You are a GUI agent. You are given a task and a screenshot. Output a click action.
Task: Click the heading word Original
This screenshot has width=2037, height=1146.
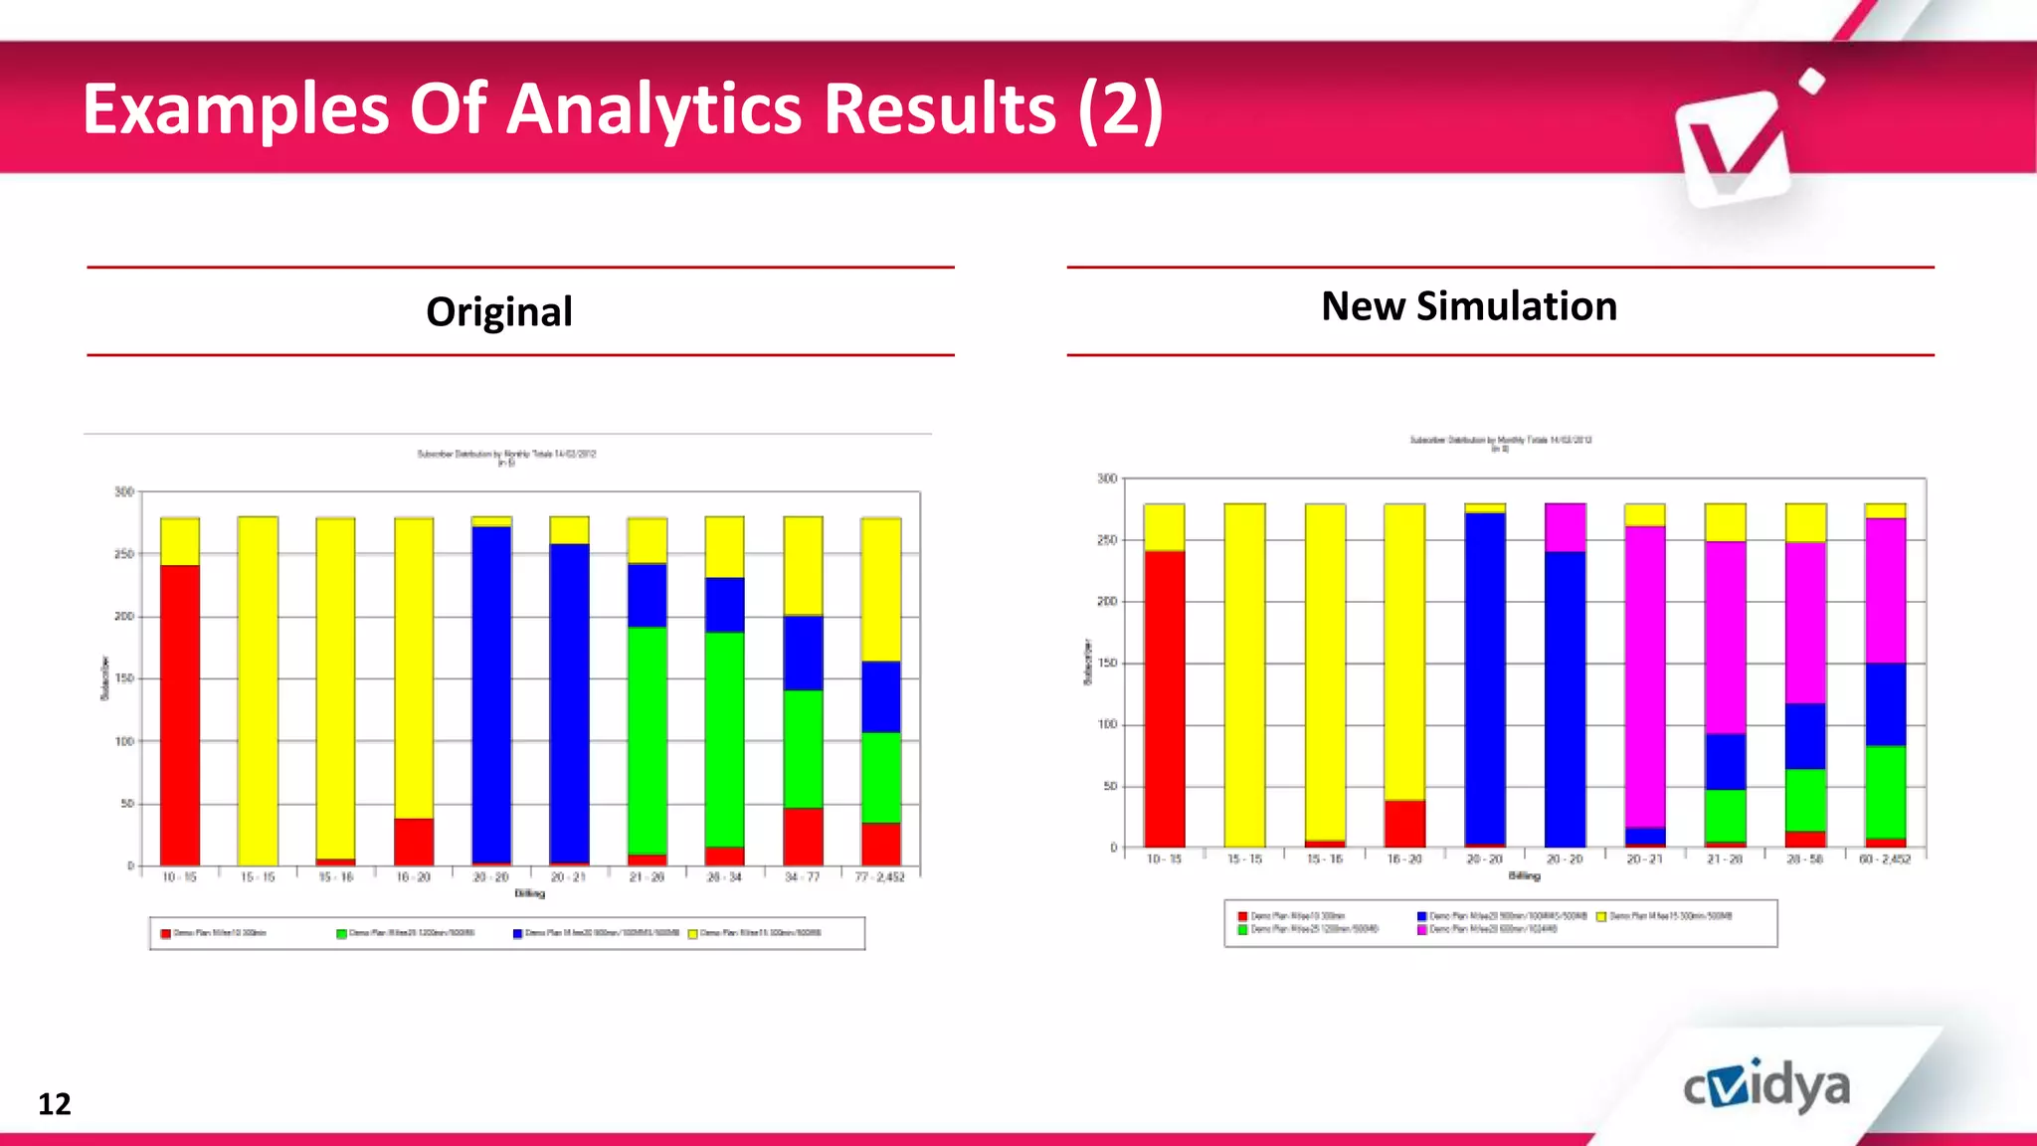[x=499, y=311]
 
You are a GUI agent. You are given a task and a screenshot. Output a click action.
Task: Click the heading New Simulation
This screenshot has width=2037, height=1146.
[x=1469, y=306]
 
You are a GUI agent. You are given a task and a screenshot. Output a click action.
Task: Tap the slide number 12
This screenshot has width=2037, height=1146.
[x=55, y=1104]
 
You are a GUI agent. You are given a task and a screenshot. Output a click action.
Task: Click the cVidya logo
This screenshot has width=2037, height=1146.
[x=1766, y=1087]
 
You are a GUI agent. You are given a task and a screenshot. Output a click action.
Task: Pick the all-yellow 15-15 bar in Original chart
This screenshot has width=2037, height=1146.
[x=258, y=690]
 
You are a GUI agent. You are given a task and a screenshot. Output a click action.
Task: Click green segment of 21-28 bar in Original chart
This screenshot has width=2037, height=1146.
[x=647, y=740]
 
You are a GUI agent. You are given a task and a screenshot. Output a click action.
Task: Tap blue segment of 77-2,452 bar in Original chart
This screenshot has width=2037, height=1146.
[x=880, y=696]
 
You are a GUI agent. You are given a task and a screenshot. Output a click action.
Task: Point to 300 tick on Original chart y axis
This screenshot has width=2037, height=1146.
[x=123, y=491]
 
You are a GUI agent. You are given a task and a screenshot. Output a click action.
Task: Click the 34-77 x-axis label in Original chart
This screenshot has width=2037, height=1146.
[x=802, y=877]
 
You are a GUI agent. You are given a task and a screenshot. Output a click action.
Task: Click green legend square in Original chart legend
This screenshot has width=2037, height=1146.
[x=341, y=934]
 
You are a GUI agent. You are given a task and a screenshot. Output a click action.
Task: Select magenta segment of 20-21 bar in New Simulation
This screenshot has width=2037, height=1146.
[x=1644, y=676]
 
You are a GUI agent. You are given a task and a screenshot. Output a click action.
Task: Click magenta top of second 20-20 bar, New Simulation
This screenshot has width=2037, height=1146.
[x=1565, y=527]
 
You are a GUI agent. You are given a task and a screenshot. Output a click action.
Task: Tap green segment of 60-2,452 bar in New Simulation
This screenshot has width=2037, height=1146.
[x=1885, y=792]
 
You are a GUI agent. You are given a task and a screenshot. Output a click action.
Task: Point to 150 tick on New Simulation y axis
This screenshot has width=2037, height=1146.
[x=1106, y=664]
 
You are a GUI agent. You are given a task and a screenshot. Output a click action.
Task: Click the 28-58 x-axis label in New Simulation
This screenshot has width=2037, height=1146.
[x=1804, y=859]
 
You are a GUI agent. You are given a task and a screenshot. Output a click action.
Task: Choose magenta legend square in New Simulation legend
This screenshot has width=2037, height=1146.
[x=1422, y=929]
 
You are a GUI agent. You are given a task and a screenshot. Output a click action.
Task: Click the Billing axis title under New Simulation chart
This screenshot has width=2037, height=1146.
[x=1524, y=876]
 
